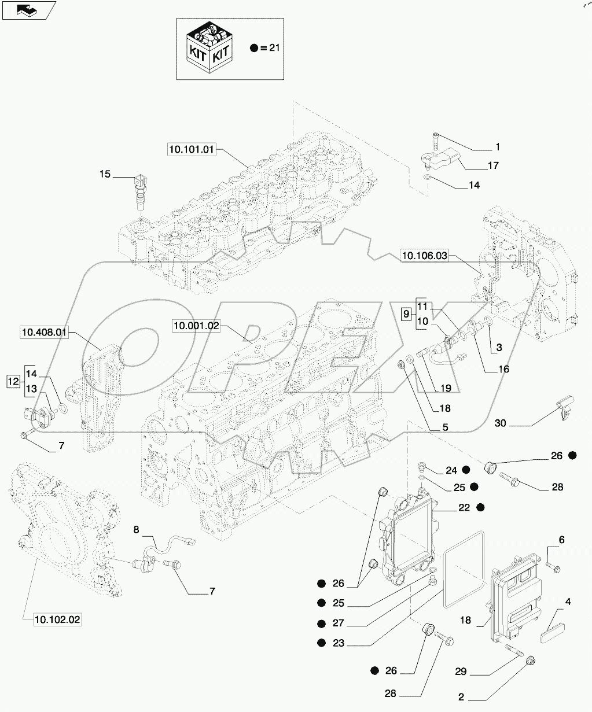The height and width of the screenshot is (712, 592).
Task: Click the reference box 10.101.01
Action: coord(192,150)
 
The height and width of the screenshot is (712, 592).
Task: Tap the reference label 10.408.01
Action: coord(44,333)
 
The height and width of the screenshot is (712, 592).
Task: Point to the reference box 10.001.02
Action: coord(196,326)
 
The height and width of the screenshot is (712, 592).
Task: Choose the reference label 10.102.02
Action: coord(57,620)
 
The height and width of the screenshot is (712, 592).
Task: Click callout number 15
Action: coord(104,174)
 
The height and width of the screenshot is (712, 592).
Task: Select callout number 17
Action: coord(492,165)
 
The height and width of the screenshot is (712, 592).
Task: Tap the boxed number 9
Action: coord(406,314)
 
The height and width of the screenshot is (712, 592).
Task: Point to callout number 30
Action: coord(501,423)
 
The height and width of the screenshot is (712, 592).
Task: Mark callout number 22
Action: coord(464,507)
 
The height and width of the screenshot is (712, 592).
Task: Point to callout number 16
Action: coord(503,368)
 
